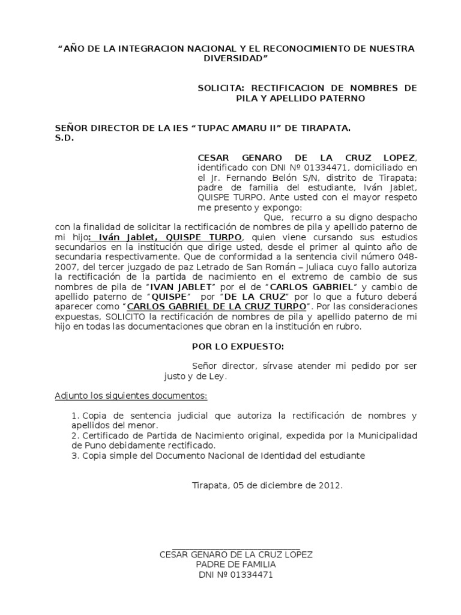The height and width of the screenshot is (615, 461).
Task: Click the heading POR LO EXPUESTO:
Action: [x=229, y=347]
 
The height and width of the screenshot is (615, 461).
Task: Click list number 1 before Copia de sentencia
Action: [x=74, y=416]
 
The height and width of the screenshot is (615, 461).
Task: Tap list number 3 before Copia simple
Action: [x=74, y=456]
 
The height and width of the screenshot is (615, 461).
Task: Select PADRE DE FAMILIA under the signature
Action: [x=236, y=565]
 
